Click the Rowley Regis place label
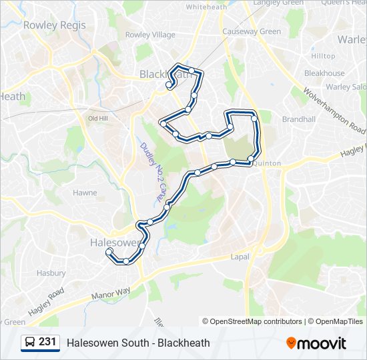(55, 25)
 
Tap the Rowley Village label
(150, 35)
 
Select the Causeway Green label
(252, 31)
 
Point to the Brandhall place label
(298, 119)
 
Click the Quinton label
(268, 163)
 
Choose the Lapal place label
(240, 257)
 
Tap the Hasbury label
(51, 273)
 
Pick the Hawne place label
(85, 193)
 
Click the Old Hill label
(98, 118)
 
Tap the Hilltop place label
(323, 56)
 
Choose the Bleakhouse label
(324, 73)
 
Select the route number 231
(47, 342)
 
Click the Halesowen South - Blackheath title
(138, 343)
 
